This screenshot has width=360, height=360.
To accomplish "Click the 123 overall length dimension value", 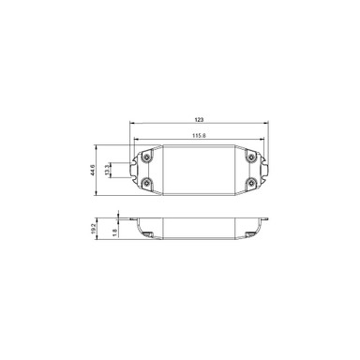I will pos(200,121).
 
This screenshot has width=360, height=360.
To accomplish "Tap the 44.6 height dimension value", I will pos(93,171).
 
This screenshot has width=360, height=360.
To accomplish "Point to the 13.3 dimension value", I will pos(109,171).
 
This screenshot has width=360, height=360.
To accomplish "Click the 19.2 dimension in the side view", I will pos(94,228).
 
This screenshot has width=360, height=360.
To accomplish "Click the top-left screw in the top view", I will pos(146,157).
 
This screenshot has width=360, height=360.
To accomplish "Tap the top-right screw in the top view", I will pos(251,157).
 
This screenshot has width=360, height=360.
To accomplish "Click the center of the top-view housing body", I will pos(199,171).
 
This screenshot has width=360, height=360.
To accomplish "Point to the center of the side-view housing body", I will pos(199,225).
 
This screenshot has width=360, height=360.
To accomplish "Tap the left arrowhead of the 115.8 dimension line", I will pos(135,140).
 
